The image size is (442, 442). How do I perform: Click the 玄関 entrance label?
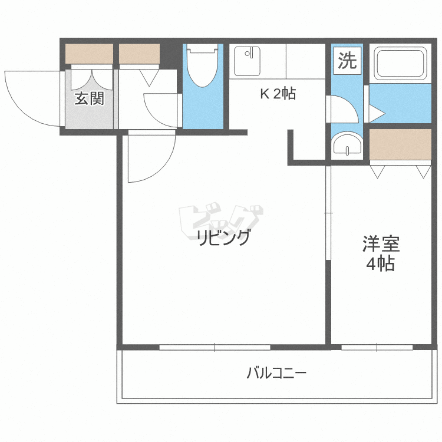point(89,99)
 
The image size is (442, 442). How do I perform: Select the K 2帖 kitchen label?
point(278,94)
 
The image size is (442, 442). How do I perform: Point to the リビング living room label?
point(224,239)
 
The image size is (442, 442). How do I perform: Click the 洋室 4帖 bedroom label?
point(381,253)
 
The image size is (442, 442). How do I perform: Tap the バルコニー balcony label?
point(276,373)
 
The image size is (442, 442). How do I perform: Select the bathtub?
point(401,63)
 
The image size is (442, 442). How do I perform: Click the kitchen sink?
point(246,61)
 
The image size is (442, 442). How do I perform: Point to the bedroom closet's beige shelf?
point(401,145)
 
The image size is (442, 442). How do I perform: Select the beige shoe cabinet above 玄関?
point(88,54)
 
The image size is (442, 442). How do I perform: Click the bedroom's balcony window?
point(377,347)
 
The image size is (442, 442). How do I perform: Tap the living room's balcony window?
point(215,347)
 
